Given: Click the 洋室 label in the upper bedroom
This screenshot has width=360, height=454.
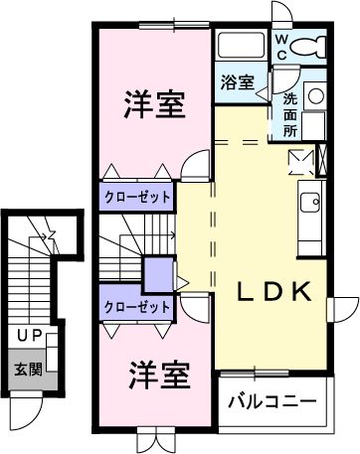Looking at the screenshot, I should coord(154,104).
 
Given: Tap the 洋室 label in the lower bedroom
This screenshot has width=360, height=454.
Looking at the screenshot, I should coord(159,375).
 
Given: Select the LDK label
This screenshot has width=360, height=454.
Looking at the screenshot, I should coord(274,292).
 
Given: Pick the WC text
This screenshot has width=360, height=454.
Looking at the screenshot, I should coord(281,44).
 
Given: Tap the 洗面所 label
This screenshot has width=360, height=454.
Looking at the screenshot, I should coord(289,114).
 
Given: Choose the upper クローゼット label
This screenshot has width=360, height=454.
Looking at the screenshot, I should coord(137,197).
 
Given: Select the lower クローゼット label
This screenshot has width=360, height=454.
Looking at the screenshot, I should coord(136,307).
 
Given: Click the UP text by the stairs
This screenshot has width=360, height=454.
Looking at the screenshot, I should coord(27,338).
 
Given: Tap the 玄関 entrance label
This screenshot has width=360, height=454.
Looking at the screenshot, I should coord(27,370).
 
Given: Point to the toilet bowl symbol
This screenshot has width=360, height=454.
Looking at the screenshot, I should coord(311,45).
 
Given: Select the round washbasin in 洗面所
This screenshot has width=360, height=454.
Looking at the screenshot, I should coord(314,96).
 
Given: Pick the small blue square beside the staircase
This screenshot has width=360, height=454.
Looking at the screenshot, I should coord(156,272).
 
